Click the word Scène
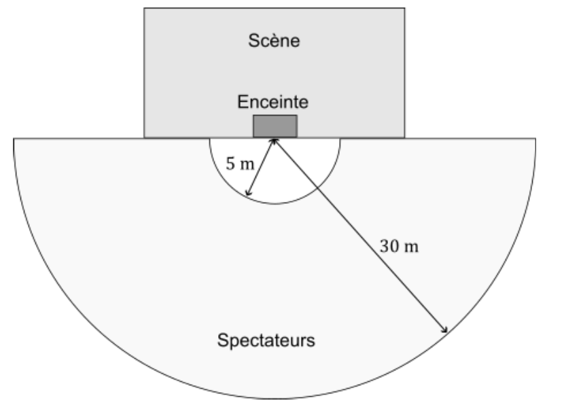click(275, 41)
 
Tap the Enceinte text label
click(274, 102)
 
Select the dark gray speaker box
click(275, 126)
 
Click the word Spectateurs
click(266, 340)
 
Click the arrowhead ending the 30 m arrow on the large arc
click(446, 333)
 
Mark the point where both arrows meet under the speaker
click(275, 139)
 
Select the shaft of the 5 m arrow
click(262, 167)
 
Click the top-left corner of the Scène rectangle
click(145, 8)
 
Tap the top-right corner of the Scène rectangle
click(405, 8)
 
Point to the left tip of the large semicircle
click(14, 139)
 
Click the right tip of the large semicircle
click(535, 139)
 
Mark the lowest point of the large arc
click(275, 399)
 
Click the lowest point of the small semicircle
click(275, 203)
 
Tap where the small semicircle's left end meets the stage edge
click(210, 139)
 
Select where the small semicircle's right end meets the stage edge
click(340, 139)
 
